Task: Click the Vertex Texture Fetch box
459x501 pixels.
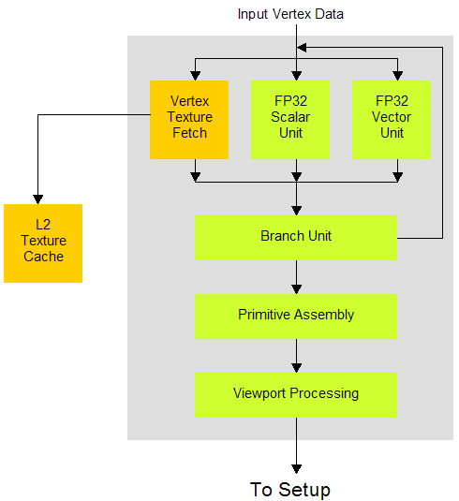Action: click(189, 120)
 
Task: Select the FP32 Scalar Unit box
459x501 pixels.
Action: click(290, 120)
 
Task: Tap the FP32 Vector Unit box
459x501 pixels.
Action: click(392, 120)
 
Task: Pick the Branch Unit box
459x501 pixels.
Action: click(296, 238)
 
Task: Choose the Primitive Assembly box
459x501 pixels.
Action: click(296, 317)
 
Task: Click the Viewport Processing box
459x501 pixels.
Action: click(296, 395)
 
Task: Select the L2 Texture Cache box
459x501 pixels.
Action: click(43, 243)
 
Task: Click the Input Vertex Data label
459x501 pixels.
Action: click(290, 14)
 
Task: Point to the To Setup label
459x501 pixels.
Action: click(290, 490)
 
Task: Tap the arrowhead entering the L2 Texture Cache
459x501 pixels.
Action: click(38, 199)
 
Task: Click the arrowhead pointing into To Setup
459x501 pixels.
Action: click(297, 469)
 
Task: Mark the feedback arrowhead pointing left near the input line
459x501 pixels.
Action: click(302, 48)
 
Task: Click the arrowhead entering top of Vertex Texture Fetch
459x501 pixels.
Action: click(195, 76)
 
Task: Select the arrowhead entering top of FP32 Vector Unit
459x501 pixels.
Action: click(397, 76)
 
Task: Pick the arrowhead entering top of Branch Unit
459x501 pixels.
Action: click(297, 211)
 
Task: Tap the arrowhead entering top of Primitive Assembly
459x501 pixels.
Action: click(297, 289)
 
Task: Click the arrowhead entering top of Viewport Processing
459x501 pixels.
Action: click(297, 368)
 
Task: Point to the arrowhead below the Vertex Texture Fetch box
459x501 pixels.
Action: click(195, 177)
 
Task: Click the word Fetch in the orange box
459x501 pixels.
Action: click(189, 133)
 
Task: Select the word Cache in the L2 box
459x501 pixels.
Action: click(43, 257)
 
